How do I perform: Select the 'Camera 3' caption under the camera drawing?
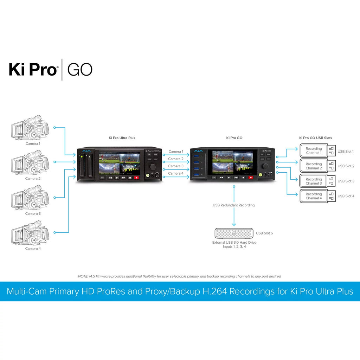[x=33, y=214]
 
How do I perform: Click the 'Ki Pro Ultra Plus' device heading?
[x=122, y=138]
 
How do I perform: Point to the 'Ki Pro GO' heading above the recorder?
[x=234, y=138]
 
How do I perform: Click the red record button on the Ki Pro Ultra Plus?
[x=136, y=178]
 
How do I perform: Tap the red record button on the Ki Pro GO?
[x=251, y=178]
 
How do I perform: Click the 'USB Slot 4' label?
[x=346, y=196]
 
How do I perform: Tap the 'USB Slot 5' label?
[x=264, y=233]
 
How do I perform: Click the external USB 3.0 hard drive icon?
[x=234, y=233]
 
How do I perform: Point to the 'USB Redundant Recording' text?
[x=234, y=205]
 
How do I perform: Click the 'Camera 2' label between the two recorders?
[x=176, y=159]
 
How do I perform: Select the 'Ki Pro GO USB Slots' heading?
[x=315, y=138]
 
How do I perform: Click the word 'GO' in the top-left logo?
[x=79, y=70]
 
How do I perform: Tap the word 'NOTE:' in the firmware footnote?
[x=83, y=276]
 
